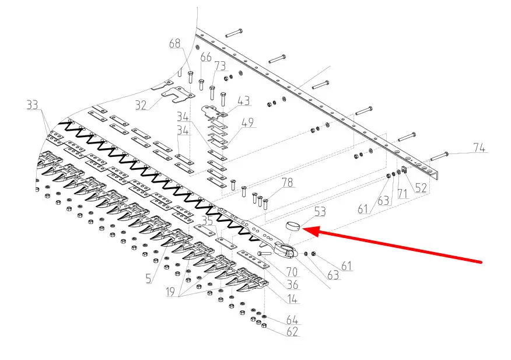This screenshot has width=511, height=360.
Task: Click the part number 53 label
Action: (x=320, y=212)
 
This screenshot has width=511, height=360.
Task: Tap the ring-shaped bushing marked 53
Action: (x=293, y=226)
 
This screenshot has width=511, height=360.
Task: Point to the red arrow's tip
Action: (x=303, y=229)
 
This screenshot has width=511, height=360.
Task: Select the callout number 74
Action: (x=479, y=148)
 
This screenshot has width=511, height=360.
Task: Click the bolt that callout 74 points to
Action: (x=439, y=156)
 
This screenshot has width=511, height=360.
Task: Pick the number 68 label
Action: (x=174, y=43)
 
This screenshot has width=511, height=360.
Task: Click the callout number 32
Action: (x=141, y=105)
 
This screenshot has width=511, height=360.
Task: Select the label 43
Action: (x=243, y=100)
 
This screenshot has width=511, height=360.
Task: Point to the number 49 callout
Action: (x=247, y=123)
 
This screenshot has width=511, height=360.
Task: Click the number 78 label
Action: (x=287, y=182)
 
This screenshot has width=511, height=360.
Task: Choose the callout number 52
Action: (x=421, y=187)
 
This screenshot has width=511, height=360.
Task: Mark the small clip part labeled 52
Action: (x=404, y=170)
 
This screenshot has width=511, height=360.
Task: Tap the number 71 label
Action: (x=402, y=194)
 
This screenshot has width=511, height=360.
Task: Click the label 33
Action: (x=32, y=105)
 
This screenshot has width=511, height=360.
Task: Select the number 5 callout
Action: (x=149, y=278)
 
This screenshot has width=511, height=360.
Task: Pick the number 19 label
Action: (x=171, y=292)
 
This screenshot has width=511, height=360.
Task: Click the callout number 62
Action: (x=292, y=331)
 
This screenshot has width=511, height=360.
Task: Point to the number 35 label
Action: (x=208, y=221)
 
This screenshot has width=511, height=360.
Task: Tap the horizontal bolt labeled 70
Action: (x=266, y=253)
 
